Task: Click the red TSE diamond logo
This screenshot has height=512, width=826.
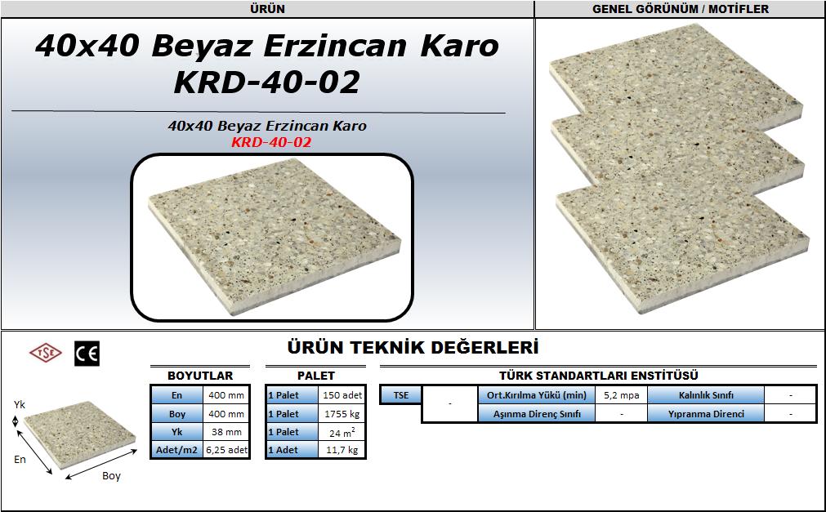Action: (x=46, y=353)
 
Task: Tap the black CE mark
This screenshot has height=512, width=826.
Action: (x=87, y=354)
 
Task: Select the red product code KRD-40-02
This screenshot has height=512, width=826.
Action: (x=271, y=142)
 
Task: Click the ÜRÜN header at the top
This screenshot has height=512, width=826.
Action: (x=268, y=9)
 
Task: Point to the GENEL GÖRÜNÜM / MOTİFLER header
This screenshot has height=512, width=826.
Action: (x=680, y=9)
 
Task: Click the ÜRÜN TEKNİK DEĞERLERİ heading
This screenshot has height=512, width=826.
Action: (x=413, y=348)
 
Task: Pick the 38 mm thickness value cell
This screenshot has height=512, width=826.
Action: (x=226, y=432)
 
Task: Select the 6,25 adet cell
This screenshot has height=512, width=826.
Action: (x=226, y=450)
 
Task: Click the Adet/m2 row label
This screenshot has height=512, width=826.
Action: (x=177, y=450)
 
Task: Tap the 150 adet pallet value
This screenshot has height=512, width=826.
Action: (x=342, y=395)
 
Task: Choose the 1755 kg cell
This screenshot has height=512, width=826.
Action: (x=342, y=414)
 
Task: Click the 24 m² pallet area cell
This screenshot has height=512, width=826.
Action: (x=342, y=433)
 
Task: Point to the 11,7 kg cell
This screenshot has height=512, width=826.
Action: (x=342, y=450)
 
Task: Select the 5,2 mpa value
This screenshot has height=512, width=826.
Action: (x=622, y=395)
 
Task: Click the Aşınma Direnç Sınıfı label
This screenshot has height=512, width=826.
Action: (x=537, y=414)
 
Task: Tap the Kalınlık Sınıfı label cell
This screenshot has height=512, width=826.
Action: (x=706, y=395)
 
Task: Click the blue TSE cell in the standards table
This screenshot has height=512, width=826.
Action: (x=401, y=395)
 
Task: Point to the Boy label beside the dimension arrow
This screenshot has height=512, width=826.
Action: (x=111, y=475)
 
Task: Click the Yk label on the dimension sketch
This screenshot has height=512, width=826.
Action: (x=20, y=404)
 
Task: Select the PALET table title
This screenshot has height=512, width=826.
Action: (x=316, y=376)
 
